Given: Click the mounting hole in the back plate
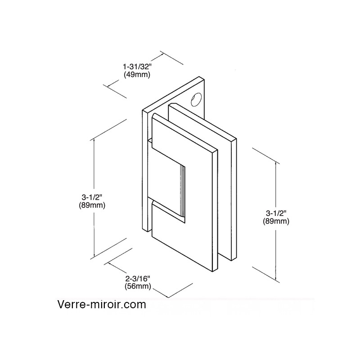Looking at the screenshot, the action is point(196,99).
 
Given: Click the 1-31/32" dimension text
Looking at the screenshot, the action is point(138,67).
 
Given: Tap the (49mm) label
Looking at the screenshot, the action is point(137,75).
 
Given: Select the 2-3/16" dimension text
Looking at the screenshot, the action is point(138,279).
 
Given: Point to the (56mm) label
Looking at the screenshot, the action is point(138,286).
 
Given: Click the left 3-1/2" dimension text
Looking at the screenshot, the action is point(92,197).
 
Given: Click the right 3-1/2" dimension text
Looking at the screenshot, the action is point(276,213).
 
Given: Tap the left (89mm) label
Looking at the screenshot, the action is point(92,205).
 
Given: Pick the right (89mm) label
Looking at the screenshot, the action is point(276,221).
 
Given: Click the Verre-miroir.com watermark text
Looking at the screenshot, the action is point(102,305).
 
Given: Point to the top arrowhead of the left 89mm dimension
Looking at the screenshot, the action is point(94,141).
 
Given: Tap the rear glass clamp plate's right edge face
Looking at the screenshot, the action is point(234,199).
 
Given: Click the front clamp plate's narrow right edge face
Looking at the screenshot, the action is point(215,211).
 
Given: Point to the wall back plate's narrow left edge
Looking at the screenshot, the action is point(145,171).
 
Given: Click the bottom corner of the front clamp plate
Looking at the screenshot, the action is point(212,272).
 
